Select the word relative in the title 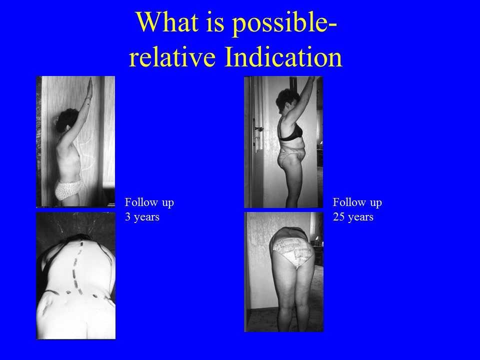click(172, 56)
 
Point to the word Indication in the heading click(283, 56)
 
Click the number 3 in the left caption click(127, 217)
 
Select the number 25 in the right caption click(338, 217)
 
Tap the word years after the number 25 click(359, 217)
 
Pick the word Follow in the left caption click(137, 202)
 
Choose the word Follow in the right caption click(345, 202)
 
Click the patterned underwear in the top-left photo click(68, 189)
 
